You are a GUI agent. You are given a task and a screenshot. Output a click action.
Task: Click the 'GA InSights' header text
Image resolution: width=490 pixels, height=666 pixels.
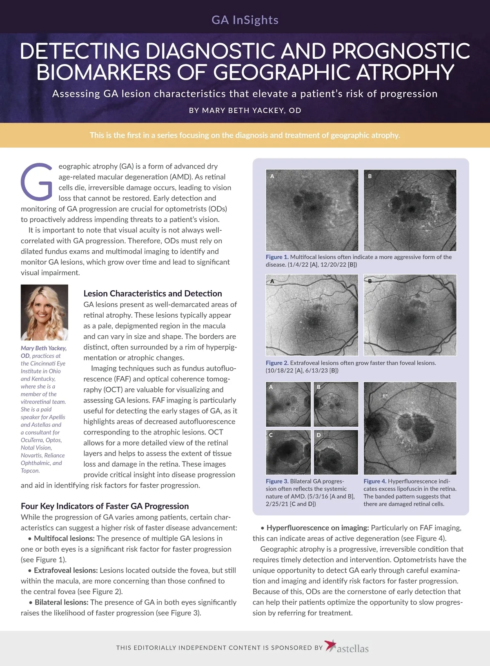pos(245,20)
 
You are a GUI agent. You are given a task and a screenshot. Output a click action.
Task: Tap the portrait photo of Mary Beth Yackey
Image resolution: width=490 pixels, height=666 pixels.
pos(45,312)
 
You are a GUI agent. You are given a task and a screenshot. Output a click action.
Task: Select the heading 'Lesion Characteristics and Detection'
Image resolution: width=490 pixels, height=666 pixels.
pos(153,294)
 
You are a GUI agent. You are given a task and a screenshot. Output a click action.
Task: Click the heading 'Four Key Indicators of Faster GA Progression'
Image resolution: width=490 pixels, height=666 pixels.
pos(105,506)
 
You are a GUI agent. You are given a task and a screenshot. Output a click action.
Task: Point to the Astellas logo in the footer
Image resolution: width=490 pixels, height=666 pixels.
pos(347,647)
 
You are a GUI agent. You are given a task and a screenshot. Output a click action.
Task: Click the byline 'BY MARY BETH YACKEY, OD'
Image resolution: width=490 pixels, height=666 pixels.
pos(245,110)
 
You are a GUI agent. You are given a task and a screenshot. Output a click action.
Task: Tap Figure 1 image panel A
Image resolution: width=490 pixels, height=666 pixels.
pos(312,210)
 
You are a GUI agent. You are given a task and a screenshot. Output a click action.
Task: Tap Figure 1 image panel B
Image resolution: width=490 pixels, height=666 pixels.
pos(410,210)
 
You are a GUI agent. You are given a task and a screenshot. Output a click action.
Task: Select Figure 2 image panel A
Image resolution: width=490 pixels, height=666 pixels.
pos(312,315)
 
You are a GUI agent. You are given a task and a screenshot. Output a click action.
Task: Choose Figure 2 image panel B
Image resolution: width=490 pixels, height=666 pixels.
pos(410,315)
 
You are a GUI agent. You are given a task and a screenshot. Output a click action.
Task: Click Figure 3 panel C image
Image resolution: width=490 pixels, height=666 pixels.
pos(288,452)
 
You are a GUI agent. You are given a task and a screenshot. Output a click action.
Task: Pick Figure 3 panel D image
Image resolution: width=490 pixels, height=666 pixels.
pos(336,452)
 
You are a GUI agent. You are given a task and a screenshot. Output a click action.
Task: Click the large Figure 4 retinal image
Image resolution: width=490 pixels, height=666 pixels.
pos(410,428)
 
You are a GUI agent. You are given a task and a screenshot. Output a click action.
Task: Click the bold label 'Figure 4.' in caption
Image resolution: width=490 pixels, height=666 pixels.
pos(375,481)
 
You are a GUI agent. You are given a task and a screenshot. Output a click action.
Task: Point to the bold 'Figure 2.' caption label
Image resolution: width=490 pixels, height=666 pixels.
pos(277,363)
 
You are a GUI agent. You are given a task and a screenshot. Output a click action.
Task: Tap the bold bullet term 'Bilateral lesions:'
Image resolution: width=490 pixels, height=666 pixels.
pos(61,602)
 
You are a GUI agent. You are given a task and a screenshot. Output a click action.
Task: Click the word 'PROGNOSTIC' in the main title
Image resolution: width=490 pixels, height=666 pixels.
pos(401,52)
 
